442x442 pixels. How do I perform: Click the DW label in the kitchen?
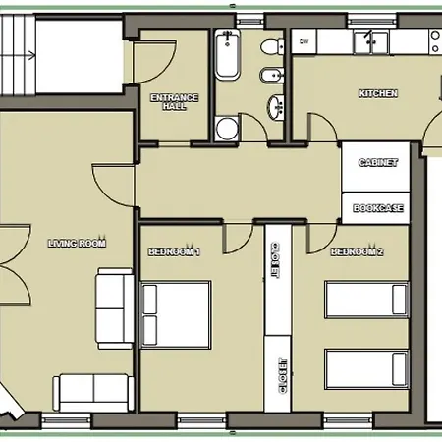tap(304, 42)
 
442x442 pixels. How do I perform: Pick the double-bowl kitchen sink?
tap(374, 42)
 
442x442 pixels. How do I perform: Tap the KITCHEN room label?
tap(378, 93)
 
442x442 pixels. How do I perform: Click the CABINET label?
tap(377, 162)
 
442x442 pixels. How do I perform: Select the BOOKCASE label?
tap(377, 207)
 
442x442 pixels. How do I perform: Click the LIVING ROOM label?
tap(77, 242)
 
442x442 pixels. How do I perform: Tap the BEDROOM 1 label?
tap(174, 252)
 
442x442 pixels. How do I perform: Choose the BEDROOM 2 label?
tap(357, 252)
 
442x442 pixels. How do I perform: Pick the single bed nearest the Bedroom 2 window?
tap(364, 369)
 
